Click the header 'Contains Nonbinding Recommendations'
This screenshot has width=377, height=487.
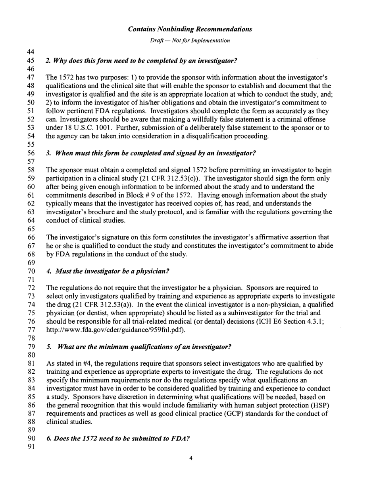click(190, 29)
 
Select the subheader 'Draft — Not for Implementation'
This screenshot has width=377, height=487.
click(190, 41)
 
